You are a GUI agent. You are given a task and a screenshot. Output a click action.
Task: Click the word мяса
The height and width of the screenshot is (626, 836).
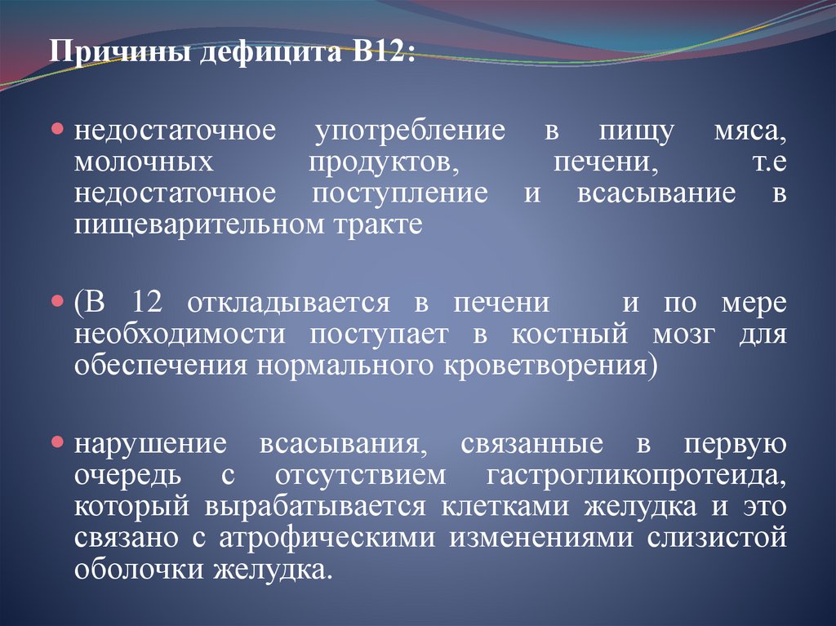pyautogui.click(x=749, y=132)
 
